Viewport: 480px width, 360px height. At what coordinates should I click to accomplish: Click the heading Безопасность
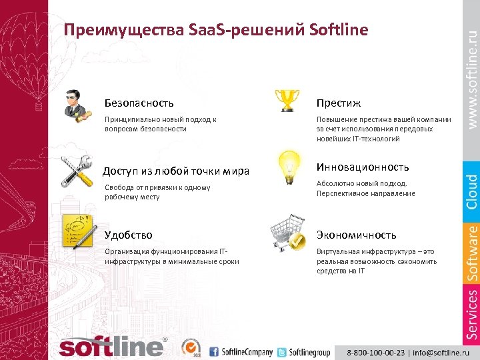pyautogui.click(x=139, y=103)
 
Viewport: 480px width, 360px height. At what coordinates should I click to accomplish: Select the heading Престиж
pyautogui.click(x=339, y=103)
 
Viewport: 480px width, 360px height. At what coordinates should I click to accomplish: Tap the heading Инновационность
pyautogui.click(x=363, y=167)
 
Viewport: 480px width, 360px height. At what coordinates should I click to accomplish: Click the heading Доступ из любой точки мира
pyautogui.click(x=176, y=171)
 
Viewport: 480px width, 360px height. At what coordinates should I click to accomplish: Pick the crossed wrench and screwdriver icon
pyautogui.click(x=76, y=171)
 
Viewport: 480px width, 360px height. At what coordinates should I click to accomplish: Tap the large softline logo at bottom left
pyautogui.click(x=111, y=346)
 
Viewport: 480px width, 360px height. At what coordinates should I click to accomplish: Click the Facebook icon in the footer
pyautogui.click(x=214, y=351)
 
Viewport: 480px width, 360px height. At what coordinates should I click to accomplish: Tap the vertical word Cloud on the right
pyautogui.click(x=472, y=191)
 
